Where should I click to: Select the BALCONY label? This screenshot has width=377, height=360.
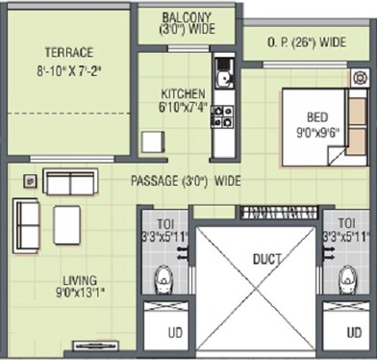point(188,18)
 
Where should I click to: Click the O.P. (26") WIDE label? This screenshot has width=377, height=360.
point(307,42)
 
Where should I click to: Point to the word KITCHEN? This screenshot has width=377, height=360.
point(183,93)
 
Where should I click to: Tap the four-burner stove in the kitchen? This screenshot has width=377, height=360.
point(222,116)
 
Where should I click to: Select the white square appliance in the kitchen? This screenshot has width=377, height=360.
point(152,141)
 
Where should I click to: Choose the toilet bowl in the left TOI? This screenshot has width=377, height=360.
point(163,279)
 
